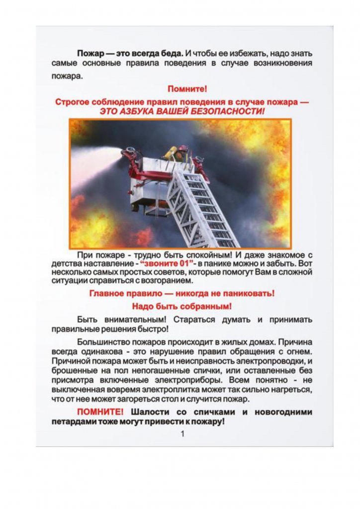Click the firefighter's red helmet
183,148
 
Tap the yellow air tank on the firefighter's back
172,152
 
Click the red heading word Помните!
187,89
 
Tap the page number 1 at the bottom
182,434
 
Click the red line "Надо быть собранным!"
181,306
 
